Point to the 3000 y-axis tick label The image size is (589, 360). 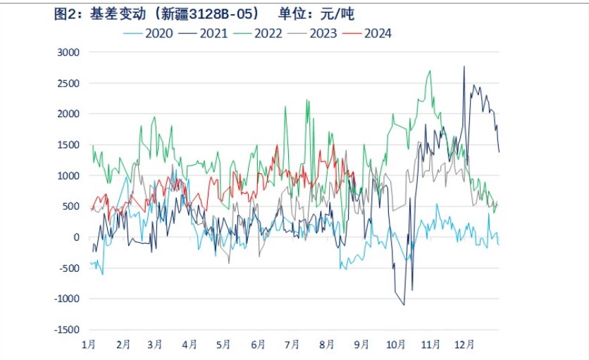click(x=68, y=52)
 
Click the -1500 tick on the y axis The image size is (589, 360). click(x=67, y=329)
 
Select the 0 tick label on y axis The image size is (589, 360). click(x=77, y=237)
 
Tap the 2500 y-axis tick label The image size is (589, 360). click(x=68, y=83)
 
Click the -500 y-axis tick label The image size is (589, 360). click(x=70, y=268)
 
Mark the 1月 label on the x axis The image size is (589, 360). click(x=89, y=345)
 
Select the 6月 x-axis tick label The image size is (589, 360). click(x=258, y=345)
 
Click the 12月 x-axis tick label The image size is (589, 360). click(x=465, y=345)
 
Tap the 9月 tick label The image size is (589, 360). click(x=361, y=345)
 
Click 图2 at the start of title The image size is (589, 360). click(x=65, y=14)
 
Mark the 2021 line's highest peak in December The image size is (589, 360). click(x=464, y=66)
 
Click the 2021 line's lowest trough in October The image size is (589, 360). click(x=404, y=304)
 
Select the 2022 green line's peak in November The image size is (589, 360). click(x=430, y=70)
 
